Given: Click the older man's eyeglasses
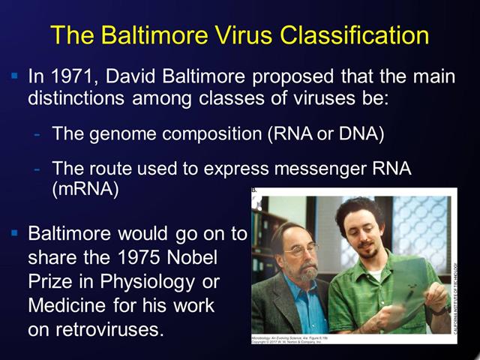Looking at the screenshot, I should point(301,250).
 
